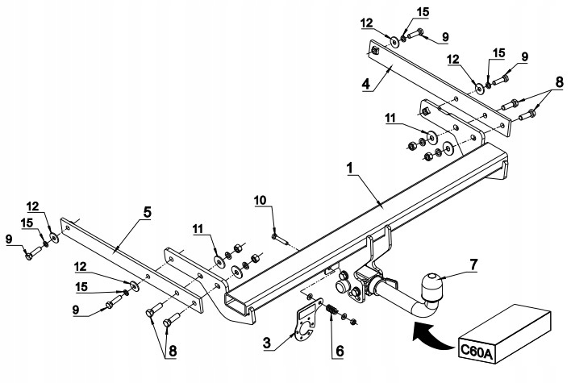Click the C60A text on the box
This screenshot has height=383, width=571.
477,349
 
